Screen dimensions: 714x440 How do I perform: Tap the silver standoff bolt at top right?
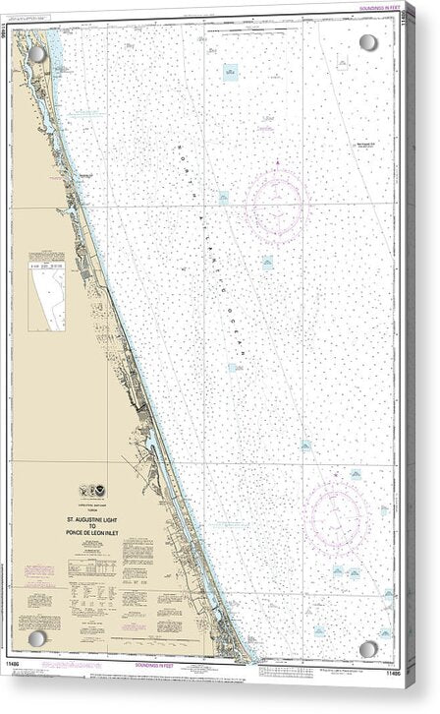click(x=368, y=43)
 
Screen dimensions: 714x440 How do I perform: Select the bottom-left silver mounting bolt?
click(x=37, y=649)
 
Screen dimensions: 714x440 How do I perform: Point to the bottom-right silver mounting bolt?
click(x=368, y=649)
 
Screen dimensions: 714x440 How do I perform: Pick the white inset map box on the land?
click(x=46, y=299)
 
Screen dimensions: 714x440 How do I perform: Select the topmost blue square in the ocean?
click(x=230, y=72)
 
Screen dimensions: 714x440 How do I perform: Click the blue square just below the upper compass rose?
click(x=267, y=263)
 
